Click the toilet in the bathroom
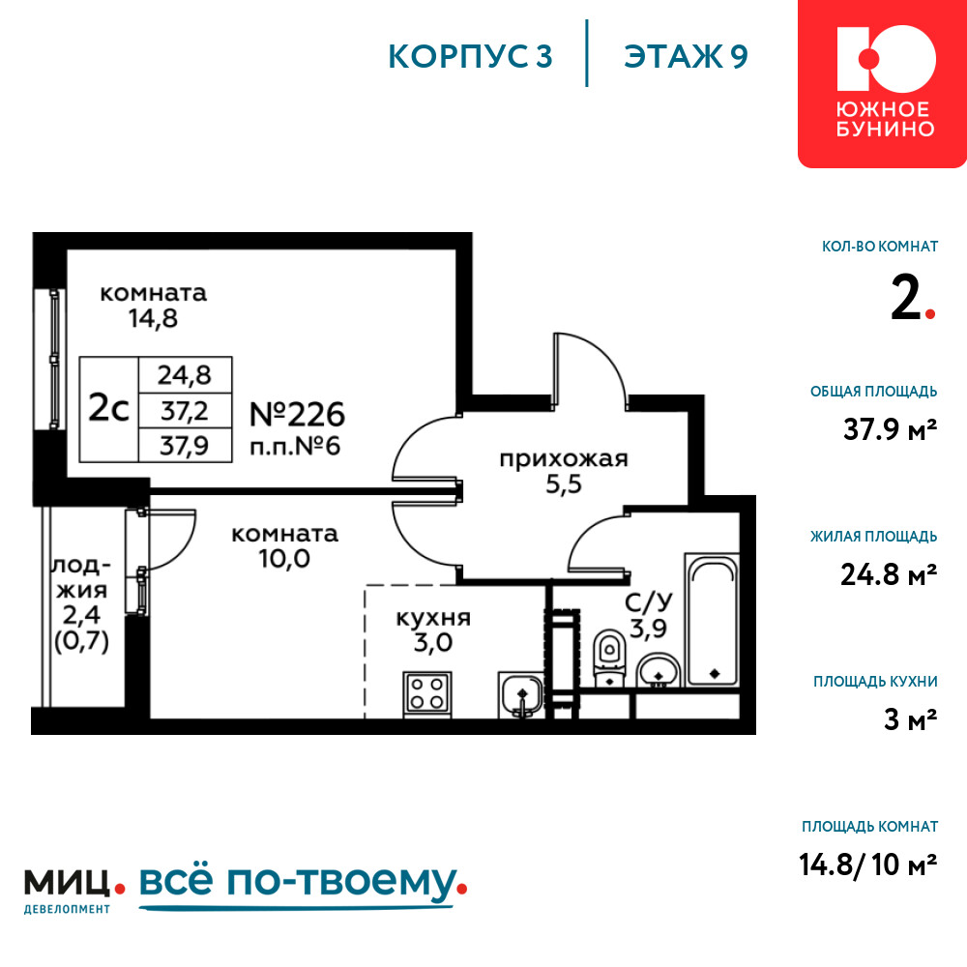pos(609,658)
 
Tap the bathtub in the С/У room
pos(712,620)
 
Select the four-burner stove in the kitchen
pos(426,693)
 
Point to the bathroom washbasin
pos(658,671)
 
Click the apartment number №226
pos(297,415)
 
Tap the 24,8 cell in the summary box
pos(185,375)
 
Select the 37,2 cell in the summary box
pos(185,410)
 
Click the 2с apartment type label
pos(108,408)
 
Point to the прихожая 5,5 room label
pos(564,472)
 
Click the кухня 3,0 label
pos(433,630)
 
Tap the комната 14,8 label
pos(153,306)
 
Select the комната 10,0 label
pos(284,546)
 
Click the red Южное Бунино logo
pos(883,83)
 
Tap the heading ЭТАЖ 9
pos(686,57)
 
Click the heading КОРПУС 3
pos(470,57)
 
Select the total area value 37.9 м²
pos(890,429)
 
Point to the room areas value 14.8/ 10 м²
pos(867,864)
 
